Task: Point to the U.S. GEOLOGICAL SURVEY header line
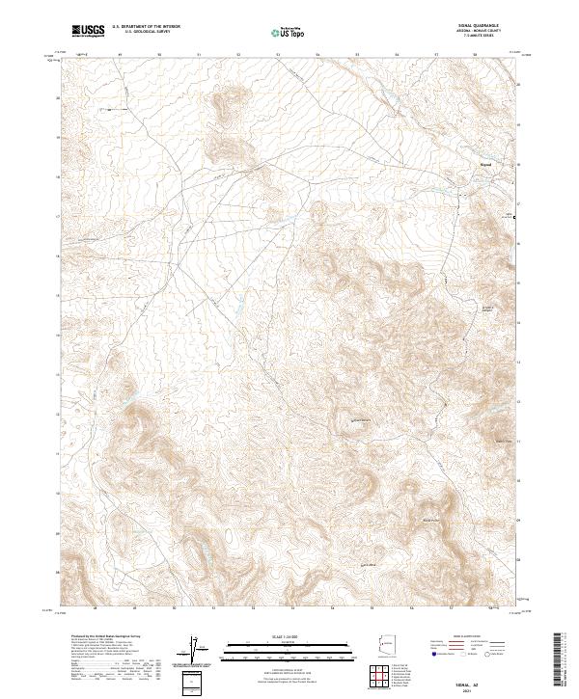point(146,33)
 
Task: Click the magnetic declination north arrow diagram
point(194,651)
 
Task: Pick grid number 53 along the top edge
point(278,55)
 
